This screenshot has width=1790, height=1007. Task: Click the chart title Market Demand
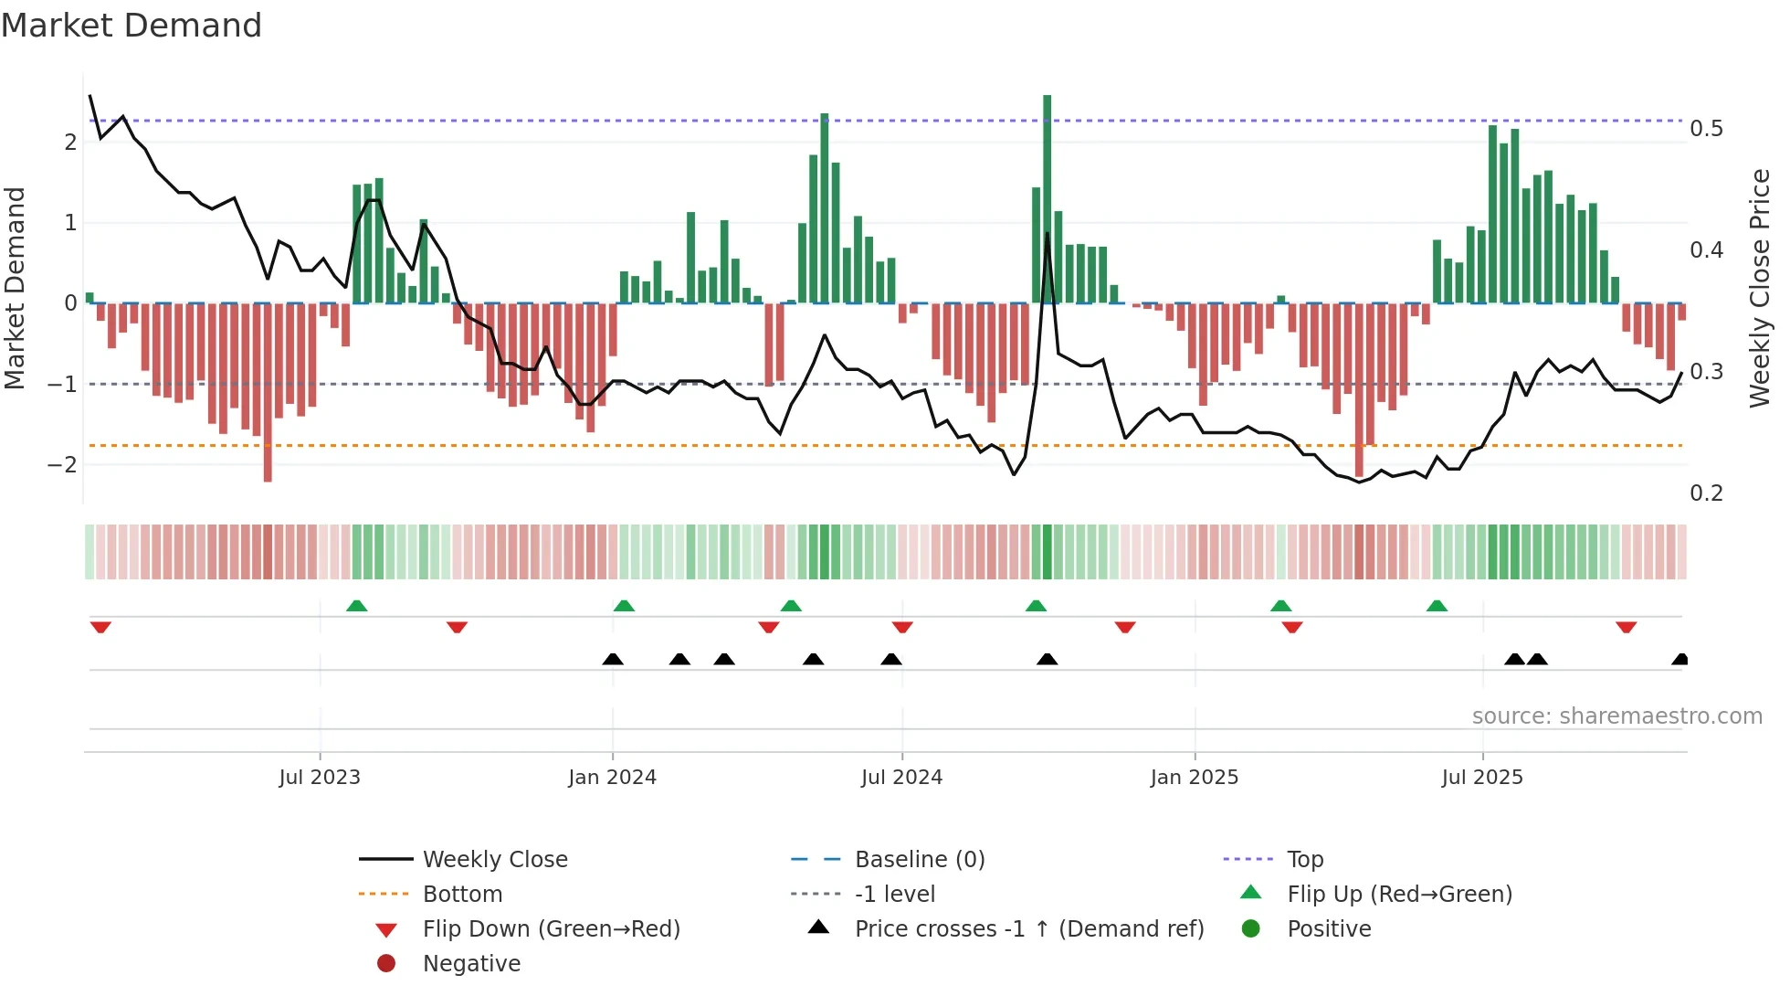click(132, 26)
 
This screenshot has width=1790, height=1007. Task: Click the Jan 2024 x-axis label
click(612, 778)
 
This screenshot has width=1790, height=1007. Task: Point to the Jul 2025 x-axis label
click(1481, 778)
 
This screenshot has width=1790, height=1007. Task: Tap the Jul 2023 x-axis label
click(320, 778)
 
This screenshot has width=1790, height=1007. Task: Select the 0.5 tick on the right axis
click(1706, 129)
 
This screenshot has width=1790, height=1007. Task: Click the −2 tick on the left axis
click(63, 464)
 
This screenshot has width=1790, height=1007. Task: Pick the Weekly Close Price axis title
click(1759, 288)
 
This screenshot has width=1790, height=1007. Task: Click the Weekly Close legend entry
click(494, 860)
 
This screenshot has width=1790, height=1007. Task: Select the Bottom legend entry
click(462, 895)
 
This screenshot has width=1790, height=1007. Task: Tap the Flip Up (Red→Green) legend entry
click(1399, 895)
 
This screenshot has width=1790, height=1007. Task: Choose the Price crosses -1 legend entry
click(1028, 929)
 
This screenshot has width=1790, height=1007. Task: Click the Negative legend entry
click(471, 964)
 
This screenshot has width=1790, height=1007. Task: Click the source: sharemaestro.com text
click(1616, 716)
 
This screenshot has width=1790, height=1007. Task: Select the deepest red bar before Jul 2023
click(268, 393)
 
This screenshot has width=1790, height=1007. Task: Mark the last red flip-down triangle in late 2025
click(1626, 627)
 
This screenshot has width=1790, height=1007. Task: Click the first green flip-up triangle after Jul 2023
click(357, 606)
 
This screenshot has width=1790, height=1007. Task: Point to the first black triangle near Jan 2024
click(613, 659)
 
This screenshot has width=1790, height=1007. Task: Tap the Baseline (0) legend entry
click(919, 860)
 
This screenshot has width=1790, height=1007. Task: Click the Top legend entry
click(1304, 860)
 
